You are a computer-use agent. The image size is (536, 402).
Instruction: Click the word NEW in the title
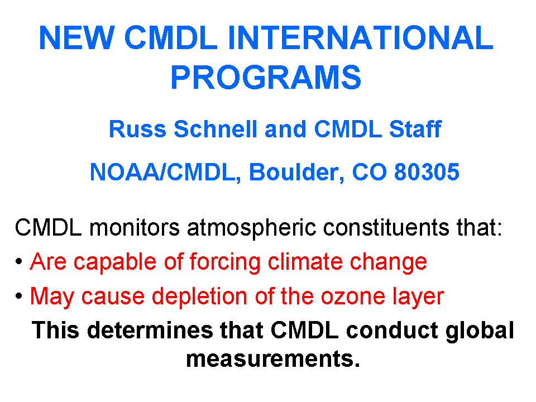pyautogui.click(x=77, y=37)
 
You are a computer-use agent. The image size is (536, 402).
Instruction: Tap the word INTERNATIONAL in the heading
pyautogui.click(x=360, y=37)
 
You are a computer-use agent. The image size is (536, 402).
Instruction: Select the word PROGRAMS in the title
pyautogui.click(x=266, y=77)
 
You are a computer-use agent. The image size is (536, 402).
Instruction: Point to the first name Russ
pyautogui.click(x=137, y=129)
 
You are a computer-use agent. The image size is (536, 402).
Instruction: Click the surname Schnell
pyautogui.click(x=216, y=129)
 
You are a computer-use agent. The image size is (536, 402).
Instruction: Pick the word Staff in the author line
pyautogui.click(x=415, y=129)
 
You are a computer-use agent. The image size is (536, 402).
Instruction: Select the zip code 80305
pyautogui.click(x=427, y=171)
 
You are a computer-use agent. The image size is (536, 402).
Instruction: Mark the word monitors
pyautogui.click(x=135, y=227)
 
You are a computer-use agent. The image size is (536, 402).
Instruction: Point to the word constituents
pyautogui.click(x=386, y=227)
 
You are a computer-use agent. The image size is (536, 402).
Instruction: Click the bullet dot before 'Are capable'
pyautogui.click(x=19, y=261)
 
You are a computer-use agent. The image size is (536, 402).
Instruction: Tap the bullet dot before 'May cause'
pyautogui.click(x=19, y=296)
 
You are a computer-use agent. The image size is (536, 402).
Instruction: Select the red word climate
pyautogui.click(x=305, y=262)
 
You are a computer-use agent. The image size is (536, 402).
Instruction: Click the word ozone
pyautogui.click(x=353, y=296)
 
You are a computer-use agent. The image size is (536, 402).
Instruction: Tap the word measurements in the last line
pyautogui.click(x=273, y=359)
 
